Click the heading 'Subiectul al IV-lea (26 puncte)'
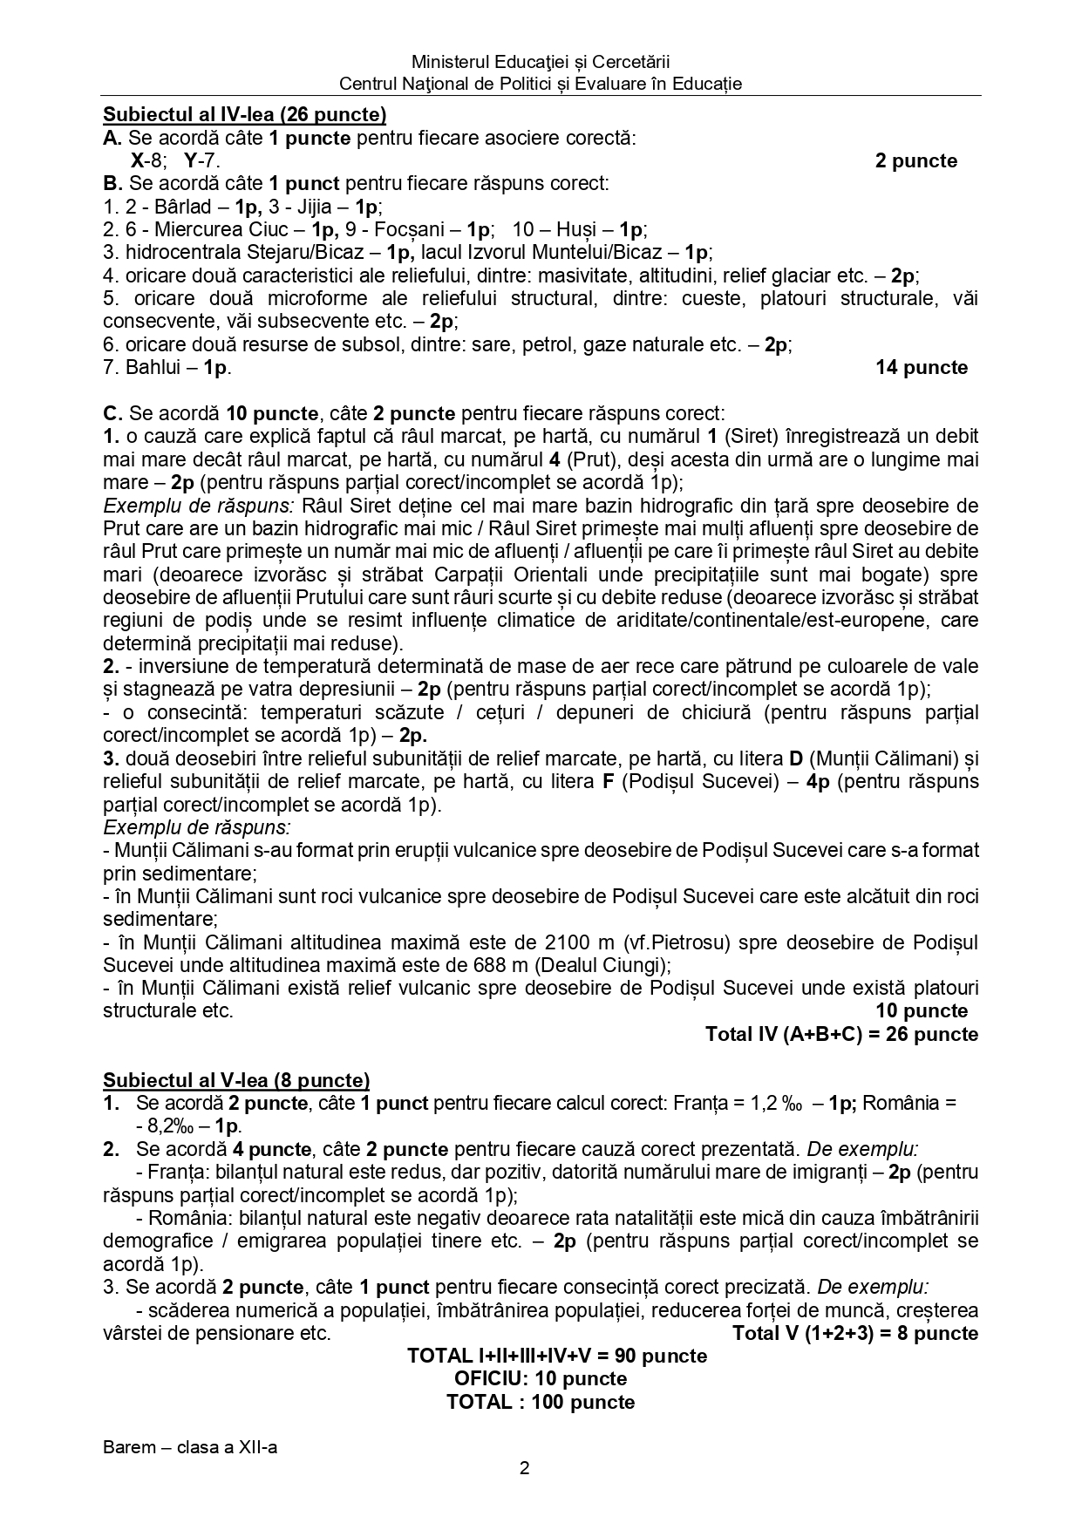(x=244, y=115)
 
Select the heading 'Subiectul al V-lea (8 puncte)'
(x=236, y=1080)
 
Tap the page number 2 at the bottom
(x=524, y=1468)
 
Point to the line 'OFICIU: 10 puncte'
(x=540, y=1378)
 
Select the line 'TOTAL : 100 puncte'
(x=540, y=1402)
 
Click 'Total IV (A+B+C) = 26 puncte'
(x=841, y=1034)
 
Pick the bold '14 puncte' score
(x=922, y=367)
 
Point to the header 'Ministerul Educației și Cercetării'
(x=541, y=62)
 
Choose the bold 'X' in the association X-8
(x=137, y=160)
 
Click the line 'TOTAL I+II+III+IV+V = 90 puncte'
(x=556, y=1356)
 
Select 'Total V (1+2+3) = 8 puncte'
(x=854, y=1333)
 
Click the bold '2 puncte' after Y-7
(x=915, y=160)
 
